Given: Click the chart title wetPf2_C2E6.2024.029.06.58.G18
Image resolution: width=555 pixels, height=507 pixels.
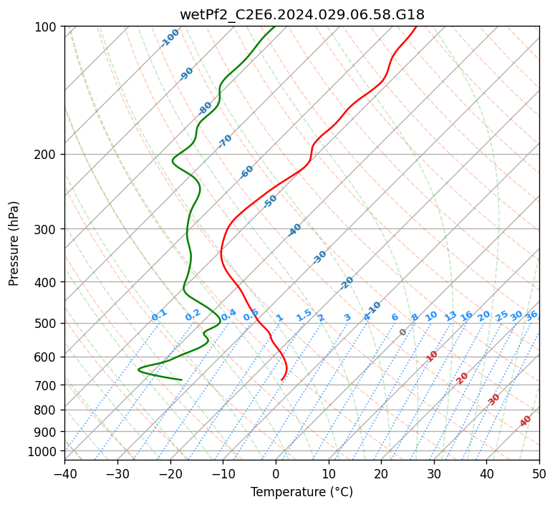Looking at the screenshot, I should [x=301, y=14].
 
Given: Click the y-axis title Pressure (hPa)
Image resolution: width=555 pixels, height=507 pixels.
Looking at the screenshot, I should [x=14, y=243].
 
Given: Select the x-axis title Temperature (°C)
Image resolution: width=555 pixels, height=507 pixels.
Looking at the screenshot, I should [x=301, y=493].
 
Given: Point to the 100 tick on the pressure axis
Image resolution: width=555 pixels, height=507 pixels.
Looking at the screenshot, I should [x=46, y=27].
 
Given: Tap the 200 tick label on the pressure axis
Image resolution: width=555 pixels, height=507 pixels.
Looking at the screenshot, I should [x=46, y=155].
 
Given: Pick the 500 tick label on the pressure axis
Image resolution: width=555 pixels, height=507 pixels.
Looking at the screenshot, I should [x=46, y=324].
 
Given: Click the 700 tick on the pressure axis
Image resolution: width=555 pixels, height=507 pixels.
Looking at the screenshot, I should [x=46, y=385].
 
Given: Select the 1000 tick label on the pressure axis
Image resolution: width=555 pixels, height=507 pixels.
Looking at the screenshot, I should [x=43, y=452].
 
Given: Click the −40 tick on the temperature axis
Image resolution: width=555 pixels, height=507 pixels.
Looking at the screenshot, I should [x=64, y=474].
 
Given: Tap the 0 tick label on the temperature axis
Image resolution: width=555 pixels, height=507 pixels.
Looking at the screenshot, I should [x=276, y=474].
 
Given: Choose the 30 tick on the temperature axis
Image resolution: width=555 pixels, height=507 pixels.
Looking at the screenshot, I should [x=434, y=474].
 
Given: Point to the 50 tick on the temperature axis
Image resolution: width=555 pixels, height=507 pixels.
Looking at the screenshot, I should [x=539, y=474].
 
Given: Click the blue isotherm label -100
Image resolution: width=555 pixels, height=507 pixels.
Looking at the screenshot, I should [x=170, y=37].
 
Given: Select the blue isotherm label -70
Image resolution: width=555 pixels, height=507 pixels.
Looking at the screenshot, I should [x=225, y=141].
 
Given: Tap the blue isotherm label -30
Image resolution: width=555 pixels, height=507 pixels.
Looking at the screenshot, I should [x=319, y=257].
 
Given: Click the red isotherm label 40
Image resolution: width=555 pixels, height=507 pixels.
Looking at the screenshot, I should [x=526, y=421].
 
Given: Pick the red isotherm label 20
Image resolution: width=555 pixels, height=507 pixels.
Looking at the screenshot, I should [x=463, y=378].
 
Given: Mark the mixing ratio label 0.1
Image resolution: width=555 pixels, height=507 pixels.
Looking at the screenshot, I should [x=159, y=314].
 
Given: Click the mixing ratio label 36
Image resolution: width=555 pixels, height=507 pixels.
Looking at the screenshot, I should [x=531, y=315].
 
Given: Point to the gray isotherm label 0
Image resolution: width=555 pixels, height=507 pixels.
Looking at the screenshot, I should [x=403, y=332].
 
